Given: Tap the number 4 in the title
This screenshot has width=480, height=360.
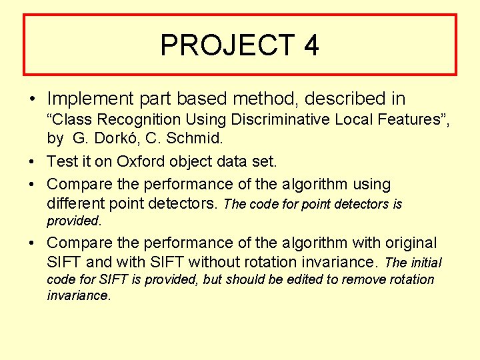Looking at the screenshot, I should (x=311, y=45).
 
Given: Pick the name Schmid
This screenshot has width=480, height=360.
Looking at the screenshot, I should (x=200, y=139).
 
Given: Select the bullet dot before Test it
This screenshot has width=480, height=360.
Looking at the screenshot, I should (x=32, y=162).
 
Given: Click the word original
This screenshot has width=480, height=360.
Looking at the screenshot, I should (x=406, y=243).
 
